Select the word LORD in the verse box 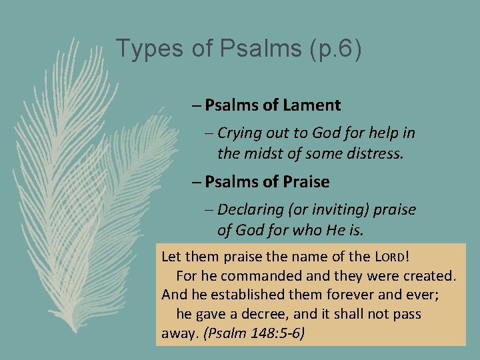tap(387, 255)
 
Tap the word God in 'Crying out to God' tap(316, 133)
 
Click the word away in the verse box tap(178, 333)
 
